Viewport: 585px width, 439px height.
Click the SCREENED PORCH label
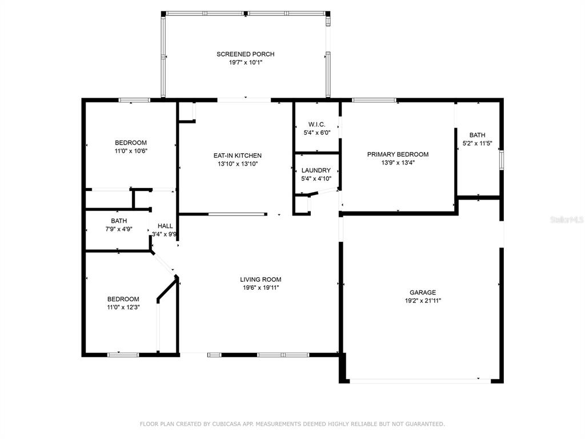point(246,54)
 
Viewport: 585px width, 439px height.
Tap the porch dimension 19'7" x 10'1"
point(246,62)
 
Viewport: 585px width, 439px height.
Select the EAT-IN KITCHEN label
point(238,155)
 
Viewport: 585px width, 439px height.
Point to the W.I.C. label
point(316,124)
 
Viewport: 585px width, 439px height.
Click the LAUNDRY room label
point(316,170)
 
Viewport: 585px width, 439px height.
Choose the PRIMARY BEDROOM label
point(398,154)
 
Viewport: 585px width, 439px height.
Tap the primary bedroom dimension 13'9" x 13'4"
point(398,162)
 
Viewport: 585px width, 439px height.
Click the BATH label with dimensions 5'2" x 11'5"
point(478,135)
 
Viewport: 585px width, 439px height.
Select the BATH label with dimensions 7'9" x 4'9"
point(119,221)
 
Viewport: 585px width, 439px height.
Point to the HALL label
point(165,226)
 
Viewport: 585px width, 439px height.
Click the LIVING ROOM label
point(261,279)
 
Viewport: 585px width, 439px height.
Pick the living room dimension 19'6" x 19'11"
point(261,288)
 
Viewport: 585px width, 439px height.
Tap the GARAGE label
point(423,292)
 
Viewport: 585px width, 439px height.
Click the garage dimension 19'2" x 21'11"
point(423,301)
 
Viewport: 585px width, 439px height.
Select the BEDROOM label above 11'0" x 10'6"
point(131,142)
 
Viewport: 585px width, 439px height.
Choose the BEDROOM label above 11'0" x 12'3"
point(123,299)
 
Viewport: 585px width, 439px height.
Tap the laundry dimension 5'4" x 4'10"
point(316,178)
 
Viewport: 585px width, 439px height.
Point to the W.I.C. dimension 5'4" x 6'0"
point(317,133)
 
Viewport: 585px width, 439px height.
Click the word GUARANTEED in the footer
point(425,424)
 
